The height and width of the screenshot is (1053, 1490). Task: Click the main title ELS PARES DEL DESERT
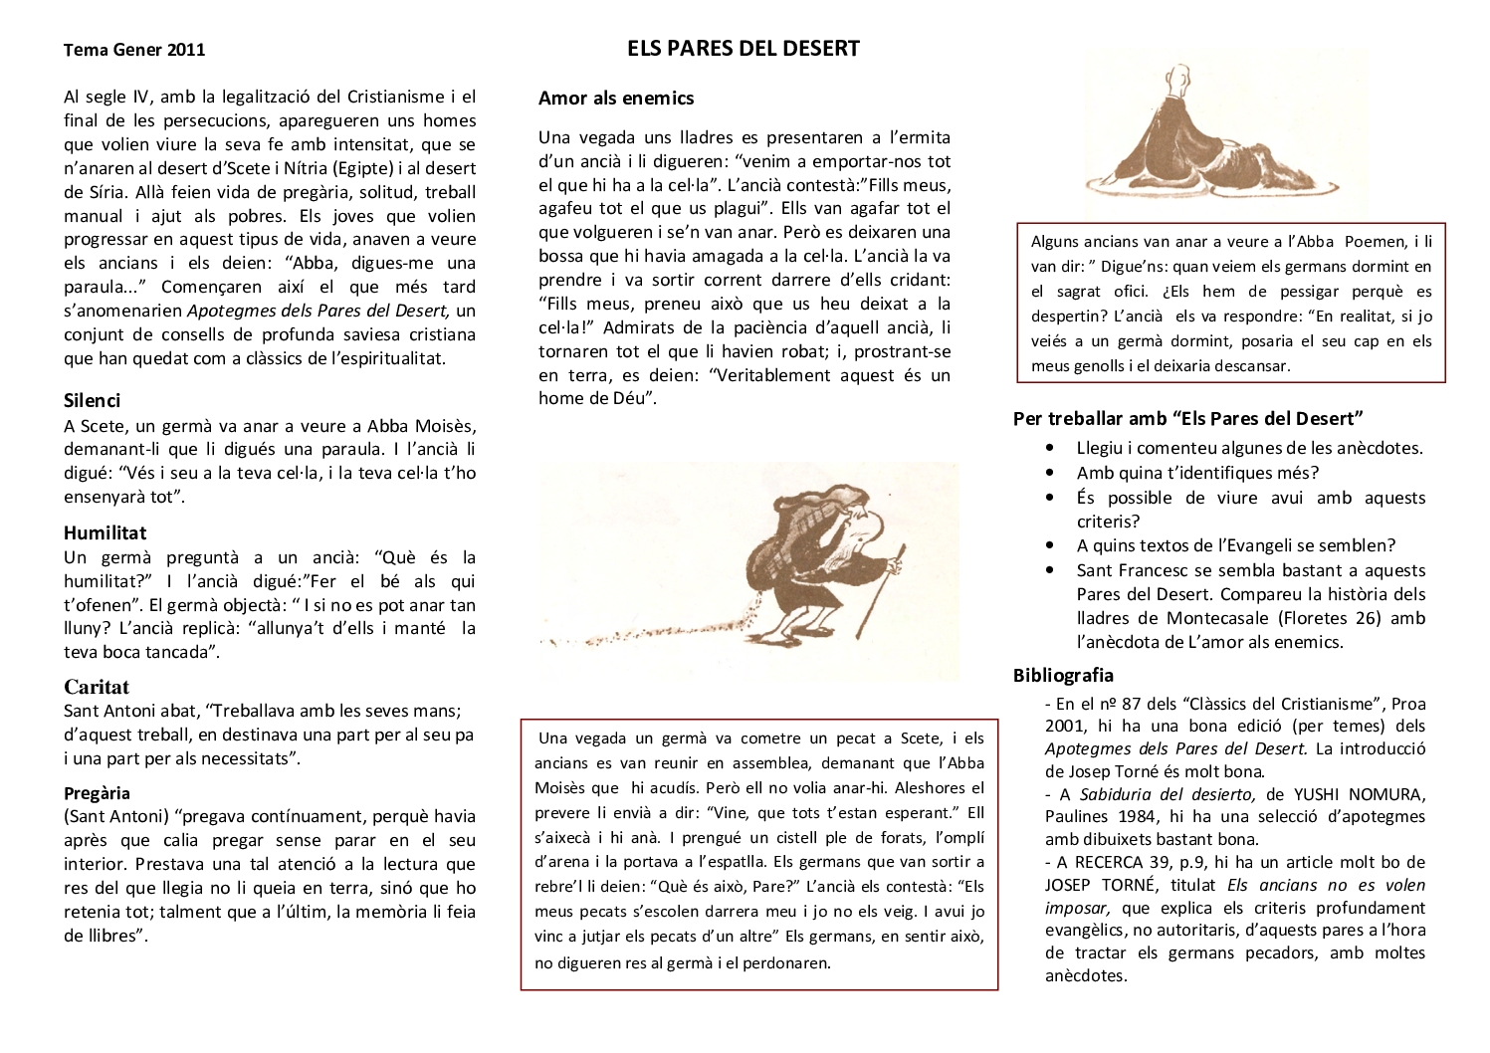click(743, 49)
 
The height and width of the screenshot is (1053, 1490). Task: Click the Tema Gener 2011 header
click(134, 50)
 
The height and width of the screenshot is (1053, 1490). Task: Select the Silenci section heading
click(92, 400)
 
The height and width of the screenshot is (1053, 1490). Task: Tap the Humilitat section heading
click(105, 532)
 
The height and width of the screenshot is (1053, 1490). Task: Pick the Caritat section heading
click(97, 687)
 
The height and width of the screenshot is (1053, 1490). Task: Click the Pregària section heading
click(97, 793)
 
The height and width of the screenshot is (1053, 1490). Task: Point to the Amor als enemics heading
click(616, 98)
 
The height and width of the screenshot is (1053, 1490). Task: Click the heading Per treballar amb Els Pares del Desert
click(1187, 418)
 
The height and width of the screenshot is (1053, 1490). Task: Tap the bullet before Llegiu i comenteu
click(1051, 449)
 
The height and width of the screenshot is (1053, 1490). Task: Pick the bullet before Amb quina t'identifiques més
click(1051, 474)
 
